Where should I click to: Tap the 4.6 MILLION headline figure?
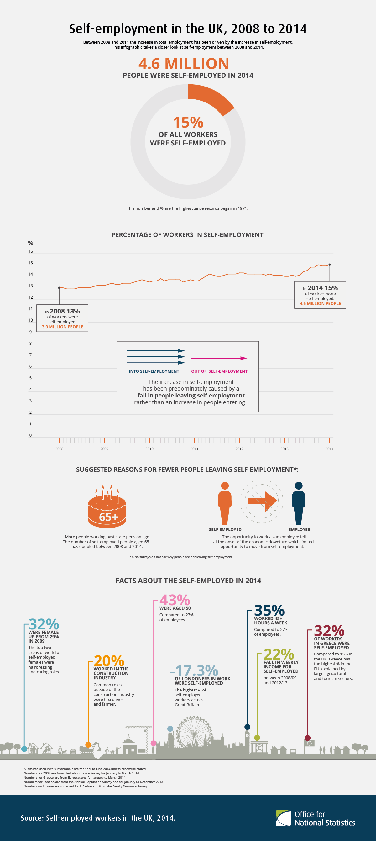[x=184, y=63]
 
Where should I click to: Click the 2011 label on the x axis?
[x=194, y=449]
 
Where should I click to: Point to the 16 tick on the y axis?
[x=31, y=251]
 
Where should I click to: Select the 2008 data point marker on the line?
[x=59, y=288]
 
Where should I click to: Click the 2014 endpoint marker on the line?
[x=329, y=265]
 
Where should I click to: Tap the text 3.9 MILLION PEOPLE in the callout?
[x=62, y=327]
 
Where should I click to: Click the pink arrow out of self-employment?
[x=219, y=358]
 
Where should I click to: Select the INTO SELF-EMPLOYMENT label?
[x=154, y=371]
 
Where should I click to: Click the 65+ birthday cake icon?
[x=107, y=508]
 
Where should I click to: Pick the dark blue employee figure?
[x=298, y=503]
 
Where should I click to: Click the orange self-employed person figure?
[x=225, y=503]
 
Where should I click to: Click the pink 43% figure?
[x=174, y=600]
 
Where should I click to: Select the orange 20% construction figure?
[x=109, y=661]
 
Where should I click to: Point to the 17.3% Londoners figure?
[x=196, y=670]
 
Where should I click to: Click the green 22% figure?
[x=279, y=654]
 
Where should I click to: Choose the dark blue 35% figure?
[x=269, y=610]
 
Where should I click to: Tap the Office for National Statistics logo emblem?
[x=283, y=818]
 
